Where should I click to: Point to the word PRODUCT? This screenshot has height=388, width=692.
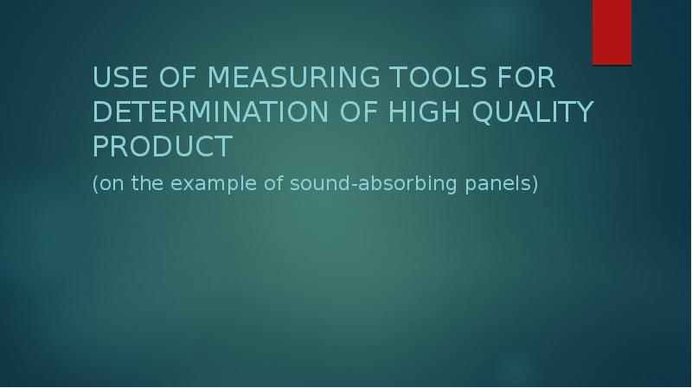pos(162,147)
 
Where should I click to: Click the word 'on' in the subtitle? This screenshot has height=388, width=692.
pos(110,185)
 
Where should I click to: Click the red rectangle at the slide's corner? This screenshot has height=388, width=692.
pos(612,32)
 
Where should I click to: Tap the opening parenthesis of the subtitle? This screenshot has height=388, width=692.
pos(95,185)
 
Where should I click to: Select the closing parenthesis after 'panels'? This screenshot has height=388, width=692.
pos(535,185)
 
